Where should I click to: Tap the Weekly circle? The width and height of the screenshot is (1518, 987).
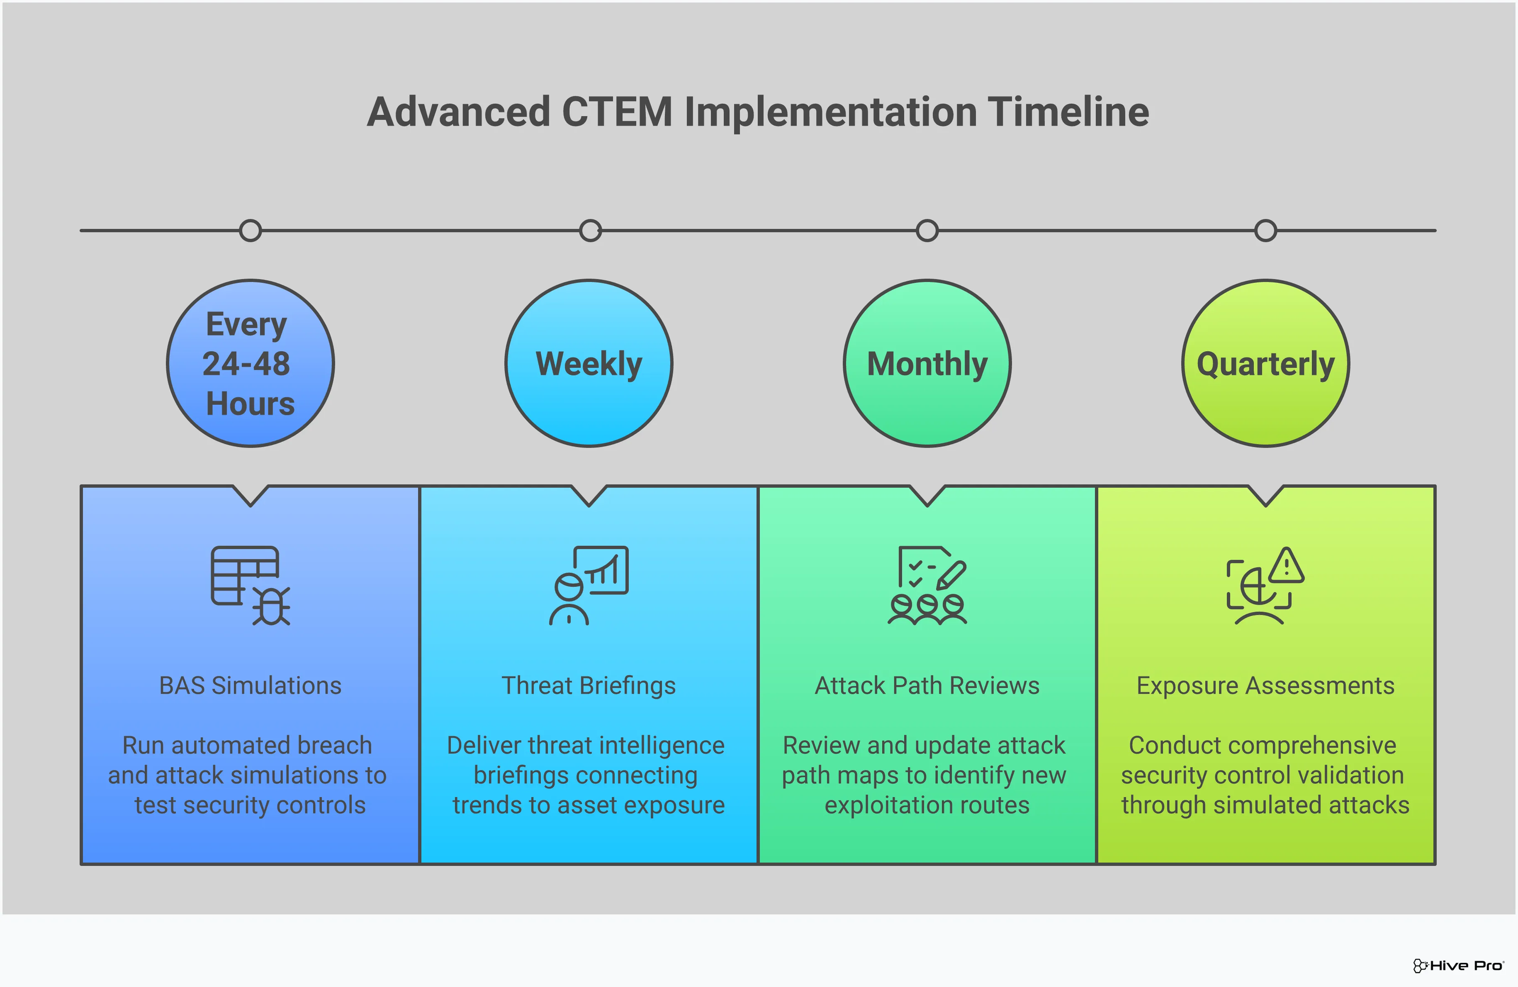click(589, 363)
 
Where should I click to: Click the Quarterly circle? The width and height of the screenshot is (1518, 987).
click(1265, 363)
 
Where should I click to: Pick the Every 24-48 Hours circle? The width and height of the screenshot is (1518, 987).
click(250, 363)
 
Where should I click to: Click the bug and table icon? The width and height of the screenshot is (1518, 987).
click(251, 585)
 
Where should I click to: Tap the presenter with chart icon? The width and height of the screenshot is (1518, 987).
click(589, 585)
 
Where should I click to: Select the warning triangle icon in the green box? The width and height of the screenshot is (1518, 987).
click(1287, 566)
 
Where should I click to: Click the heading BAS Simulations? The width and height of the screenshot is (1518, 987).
click(250, 686)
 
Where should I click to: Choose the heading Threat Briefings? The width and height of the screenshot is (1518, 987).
click(589, 686)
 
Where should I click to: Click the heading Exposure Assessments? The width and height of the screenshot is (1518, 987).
click(1265, 686)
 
